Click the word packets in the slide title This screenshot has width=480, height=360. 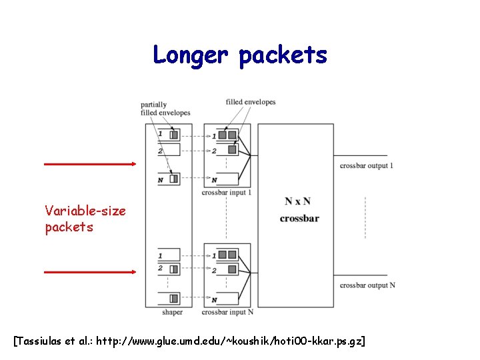click(283, 56)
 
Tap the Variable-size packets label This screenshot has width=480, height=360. click(85, 219)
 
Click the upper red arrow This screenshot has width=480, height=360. click(89, 163)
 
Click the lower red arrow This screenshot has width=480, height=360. click(89, 272)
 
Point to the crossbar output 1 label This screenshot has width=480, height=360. click(367, 165)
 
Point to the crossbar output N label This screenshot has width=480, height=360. click(367, 285)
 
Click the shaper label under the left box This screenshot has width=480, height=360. click(172, 312)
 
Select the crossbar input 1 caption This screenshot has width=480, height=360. click(227, 193)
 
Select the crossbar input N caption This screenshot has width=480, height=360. click(227, 312)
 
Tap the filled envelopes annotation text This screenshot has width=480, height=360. click(250, 102)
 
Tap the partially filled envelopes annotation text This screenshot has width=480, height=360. click(165, 109)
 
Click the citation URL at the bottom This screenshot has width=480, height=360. click(230, 341)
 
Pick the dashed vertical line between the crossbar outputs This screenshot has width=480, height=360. click(365, 218)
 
